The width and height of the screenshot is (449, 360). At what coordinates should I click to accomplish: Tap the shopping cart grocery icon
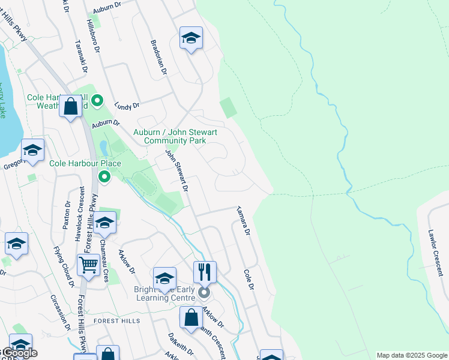coord(88,264)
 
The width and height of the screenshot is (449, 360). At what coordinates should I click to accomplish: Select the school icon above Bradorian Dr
coord(191,38)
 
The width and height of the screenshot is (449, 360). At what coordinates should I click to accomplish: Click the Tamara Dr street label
coord(243,220)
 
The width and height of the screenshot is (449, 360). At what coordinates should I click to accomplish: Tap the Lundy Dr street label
coord(127,105)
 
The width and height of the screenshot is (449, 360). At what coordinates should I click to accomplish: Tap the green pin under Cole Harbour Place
coord(104,176)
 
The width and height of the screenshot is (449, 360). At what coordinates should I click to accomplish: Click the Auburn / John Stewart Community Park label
coord(175,136)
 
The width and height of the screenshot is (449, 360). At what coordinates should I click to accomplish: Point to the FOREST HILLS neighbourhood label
coord(116,321)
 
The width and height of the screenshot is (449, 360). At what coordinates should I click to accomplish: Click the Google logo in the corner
coord(19,352)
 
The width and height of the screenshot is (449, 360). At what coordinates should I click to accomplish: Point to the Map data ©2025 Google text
coord(411,355)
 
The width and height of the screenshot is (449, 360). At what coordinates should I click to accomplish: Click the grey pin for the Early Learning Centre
coord(204,293)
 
